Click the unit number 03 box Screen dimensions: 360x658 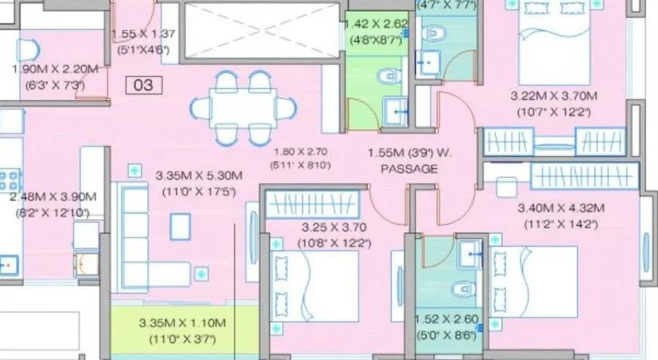[144, 85]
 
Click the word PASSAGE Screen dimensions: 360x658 [409, 169]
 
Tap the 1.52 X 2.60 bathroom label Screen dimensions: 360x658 [445, 320]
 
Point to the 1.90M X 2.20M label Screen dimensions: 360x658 [54, 70]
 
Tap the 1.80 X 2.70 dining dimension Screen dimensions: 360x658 [300, 153]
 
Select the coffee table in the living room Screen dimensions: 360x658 [180, 226]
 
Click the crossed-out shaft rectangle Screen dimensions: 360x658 [260, 29]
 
